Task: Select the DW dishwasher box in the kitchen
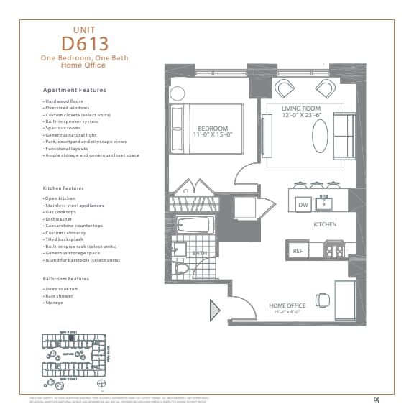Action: (303, 205)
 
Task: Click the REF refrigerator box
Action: (298, 250)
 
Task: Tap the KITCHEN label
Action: (325, 224)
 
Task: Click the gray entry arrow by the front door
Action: (215, 310)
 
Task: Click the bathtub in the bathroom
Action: (193, 226)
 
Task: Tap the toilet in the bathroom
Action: (182, 269)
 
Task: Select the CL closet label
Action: (186, 191)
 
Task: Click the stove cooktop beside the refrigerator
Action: (334, 251)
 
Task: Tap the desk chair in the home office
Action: (323, 299)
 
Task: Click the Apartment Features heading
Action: (75, 90)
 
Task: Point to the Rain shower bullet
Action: (57, 295)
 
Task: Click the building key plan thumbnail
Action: (75, 356)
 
